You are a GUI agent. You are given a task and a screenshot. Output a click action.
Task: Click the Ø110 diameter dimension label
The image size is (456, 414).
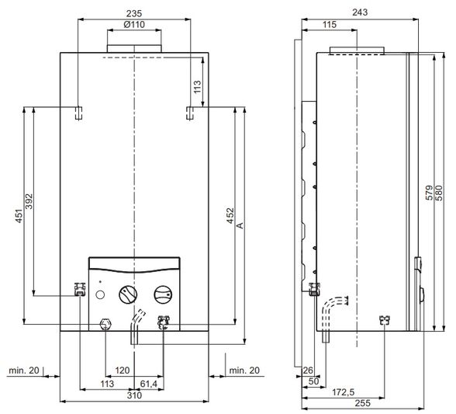[134, 25]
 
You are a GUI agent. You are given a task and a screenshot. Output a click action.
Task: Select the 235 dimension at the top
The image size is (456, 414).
[134, 13]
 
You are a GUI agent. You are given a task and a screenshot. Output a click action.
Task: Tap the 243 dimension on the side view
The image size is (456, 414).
[360, 12]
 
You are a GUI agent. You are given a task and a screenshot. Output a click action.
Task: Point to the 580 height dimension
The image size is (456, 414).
[439, 193]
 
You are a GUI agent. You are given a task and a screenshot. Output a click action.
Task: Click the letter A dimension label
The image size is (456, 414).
[240, 225]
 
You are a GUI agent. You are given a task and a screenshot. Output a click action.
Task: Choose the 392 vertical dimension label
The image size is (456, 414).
[29, 201]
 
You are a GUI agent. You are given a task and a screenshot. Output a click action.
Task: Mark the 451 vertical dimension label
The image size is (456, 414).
[19, 216]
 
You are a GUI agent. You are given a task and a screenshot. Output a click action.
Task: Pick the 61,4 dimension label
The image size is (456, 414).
[149, 384]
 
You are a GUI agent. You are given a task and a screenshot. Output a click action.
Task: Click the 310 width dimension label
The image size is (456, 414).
[134, 395]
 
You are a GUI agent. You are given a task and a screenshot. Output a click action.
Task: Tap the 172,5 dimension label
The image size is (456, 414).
[343, 392]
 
